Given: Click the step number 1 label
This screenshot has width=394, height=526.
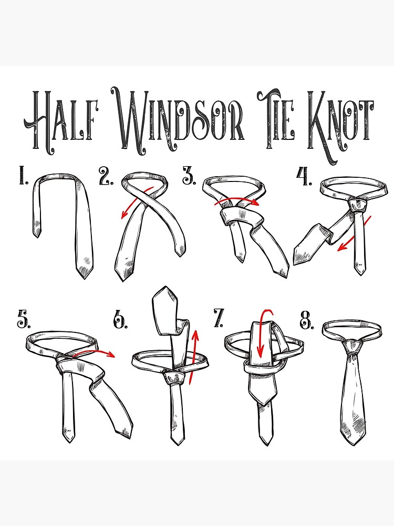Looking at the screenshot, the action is [x=23, y=176].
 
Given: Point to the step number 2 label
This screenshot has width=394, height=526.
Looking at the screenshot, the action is [x=106, y=176].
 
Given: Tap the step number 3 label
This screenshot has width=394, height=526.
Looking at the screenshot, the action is [x=189, y=175].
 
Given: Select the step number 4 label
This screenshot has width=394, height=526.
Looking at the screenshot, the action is [x=304, y=176].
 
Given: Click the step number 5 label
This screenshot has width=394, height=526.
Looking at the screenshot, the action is [x=24, y=319].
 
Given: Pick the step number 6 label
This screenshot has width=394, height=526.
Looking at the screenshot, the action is [x=120, y=320].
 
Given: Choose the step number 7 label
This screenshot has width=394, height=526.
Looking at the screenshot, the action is [x=219, y=318].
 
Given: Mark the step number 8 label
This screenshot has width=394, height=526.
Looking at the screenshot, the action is [x=307, y=320].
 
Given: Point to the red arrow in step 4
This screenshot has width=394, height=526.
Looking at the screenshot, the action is [x=354, y=234].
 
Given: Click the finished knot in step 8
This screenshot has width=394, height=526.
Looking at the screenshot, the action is [x=352, y=348].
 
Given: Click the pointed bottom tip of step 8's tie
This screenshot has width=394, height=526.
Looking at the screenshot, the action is [x=354, y=445].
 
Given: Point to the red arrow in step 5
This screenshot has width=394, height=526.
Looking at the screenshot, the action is [x=95, y=352].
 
